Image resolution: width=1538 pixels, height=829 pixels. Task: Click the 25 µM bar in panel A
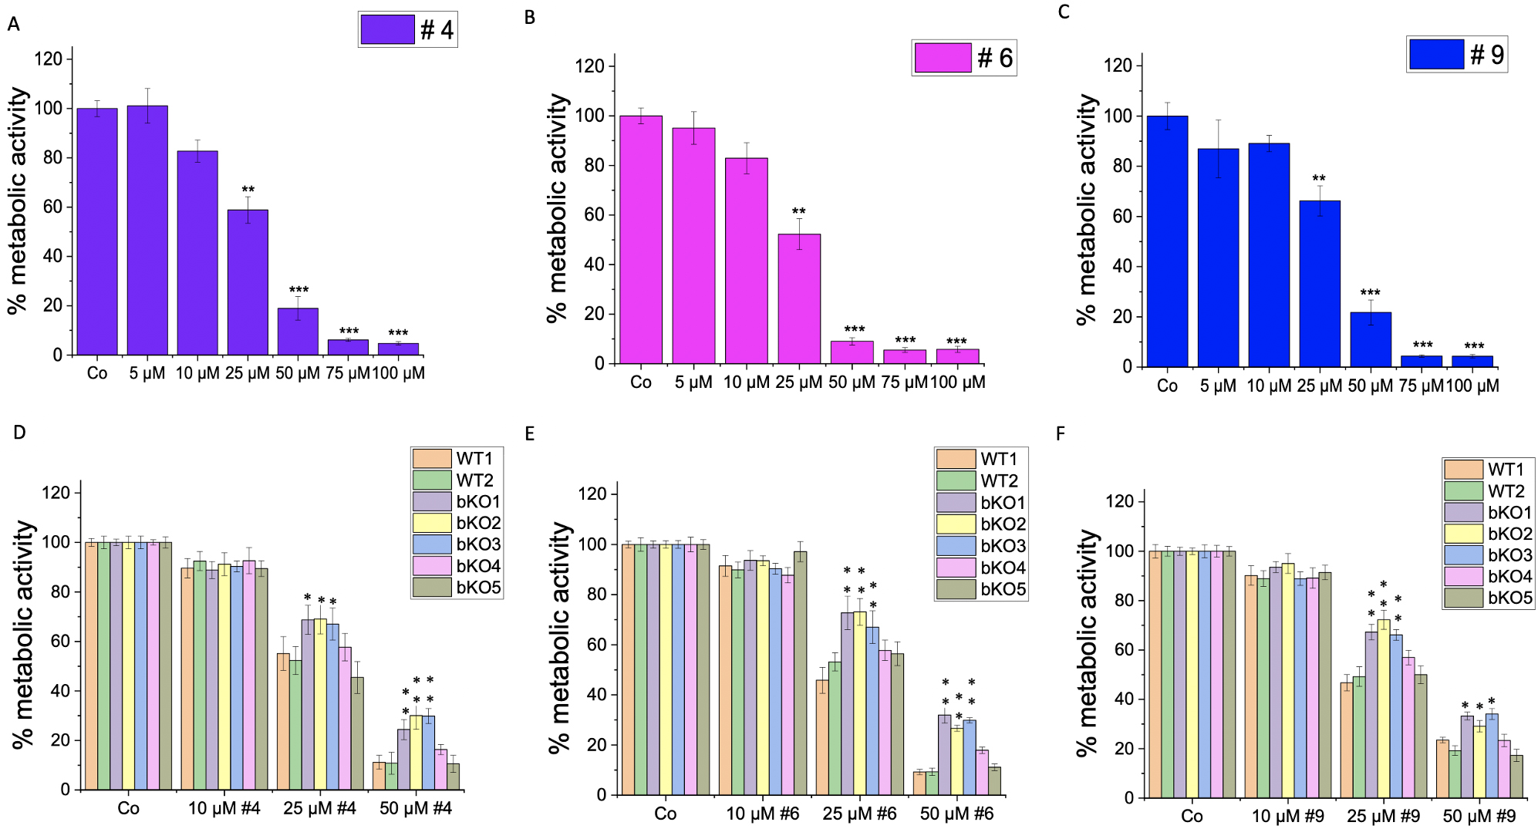click(248, 282)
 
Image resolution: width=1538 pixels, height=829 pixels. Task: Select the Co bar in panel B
click(641, 240)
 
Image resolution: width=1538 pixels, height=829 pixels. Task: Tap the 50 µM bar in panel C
click(1371, 339)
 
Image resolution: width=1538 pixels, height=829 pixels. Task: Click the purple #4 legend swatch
click(387, 29)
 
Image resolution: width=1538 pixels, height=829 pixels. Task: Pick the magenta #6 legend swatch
click(943, 58)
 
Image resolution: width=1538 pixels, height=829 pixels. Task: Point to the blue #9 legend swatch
click(1436, 54)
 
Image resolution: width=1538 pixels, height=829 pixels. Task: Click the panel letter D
click(19, 433)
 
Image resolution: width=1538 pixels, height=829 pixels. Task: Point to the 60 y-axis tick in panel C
click(1121, 216)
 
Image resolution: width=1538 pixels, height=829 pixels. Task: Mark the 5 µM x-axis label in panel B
click(693, 382)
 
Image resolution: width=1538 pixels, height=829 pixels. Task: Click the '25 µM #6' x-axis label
click(859, 814)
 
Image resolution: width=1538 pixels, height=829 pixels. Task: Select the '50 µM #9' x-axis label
click(1479, 816)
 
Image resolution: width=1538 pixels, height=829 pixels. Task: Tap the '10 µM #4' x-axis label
click(224, 808)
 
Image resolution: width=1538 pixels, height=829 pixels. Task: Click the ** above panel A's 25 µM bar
click(248, 190)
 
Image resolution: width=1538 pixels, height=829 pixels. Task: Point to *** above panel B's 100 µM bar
click(956, 342)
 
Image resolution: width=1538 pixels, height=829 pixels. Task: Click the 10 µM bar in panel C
click(1269, 254)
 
